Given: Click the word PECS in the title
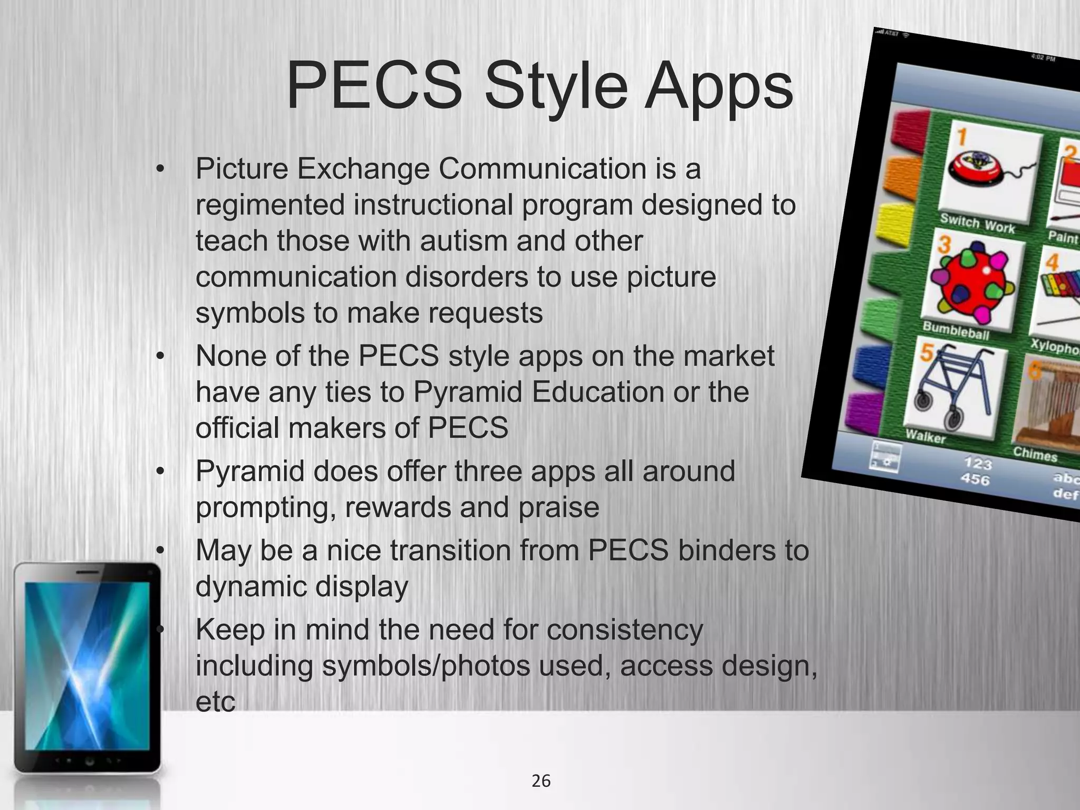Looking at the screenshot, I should point(374,85).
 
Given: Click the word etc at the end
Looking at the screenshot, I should point(215,701).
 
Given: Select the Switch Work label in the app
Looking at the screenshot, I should point(977,223).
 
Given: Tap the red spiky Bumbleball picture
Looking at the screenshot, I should point(972,284).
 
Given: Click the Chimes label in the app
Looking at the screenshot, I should point(1035,454).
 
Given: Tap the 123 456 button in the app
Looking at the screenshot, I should point(977,471).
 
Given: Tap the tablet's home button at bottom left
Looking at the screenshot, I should point(89,761).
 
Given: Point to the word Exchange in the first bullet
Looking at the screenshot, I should point(363,169).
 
